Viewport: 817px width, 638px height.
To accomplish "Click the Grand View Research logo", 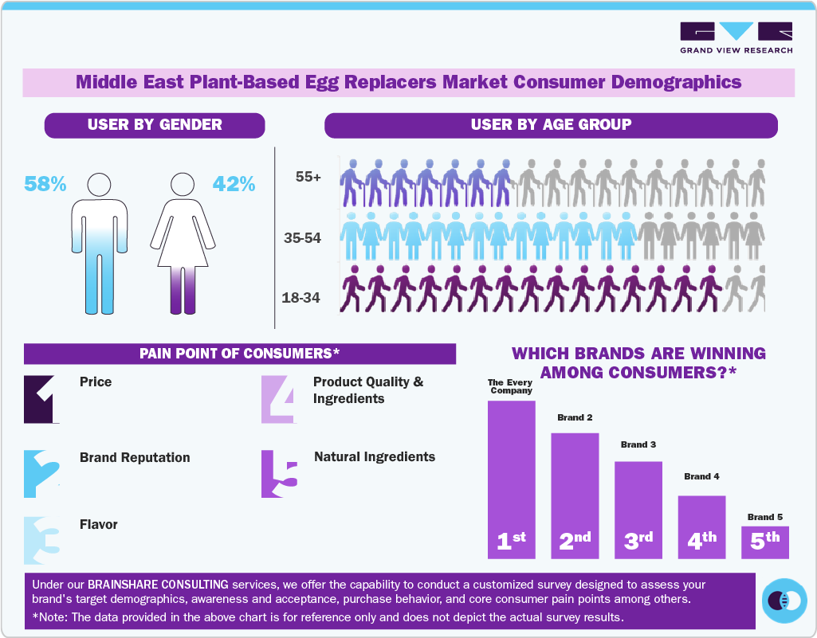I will click(736, 37).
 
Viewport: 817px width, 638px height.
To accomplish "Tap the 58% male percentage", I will click(45, 184).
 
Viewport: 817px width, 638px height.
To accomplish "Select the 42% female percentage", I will click(234, 184).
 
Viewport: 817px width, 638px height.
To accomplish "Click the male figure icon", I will click(100, 243).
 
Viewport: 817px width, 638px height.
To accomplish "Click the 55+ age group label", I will click(308, 178).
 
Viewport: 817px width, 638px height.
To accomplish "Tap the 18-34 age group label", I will click(301, 298).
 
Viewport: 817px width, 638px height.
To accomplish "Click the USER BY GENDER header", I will click(155, 125).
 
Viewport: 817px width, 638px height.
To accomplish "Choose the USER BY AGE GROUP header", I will click(551, 125).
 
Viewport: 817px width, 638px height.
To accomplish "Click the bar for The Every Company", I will click(511, 478).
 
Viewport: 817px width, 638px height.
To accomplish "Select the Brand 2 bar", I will click(575, 494).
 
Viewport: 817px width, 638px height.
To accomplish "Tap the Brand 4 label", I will click(701, 476).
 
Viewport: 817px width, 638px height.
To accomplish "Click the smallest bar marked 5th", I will click(765, 542).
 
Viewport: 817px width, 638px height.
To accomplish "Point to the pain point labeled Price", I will click(96, 382).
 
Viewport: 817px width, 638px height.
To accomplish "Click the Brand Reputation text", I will click(135, 458).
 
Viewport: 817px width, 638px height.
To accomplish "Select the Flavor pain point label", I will click(99, 525).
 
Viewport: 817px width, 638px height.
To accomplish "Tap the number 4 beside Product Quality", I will click(279, 398).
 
